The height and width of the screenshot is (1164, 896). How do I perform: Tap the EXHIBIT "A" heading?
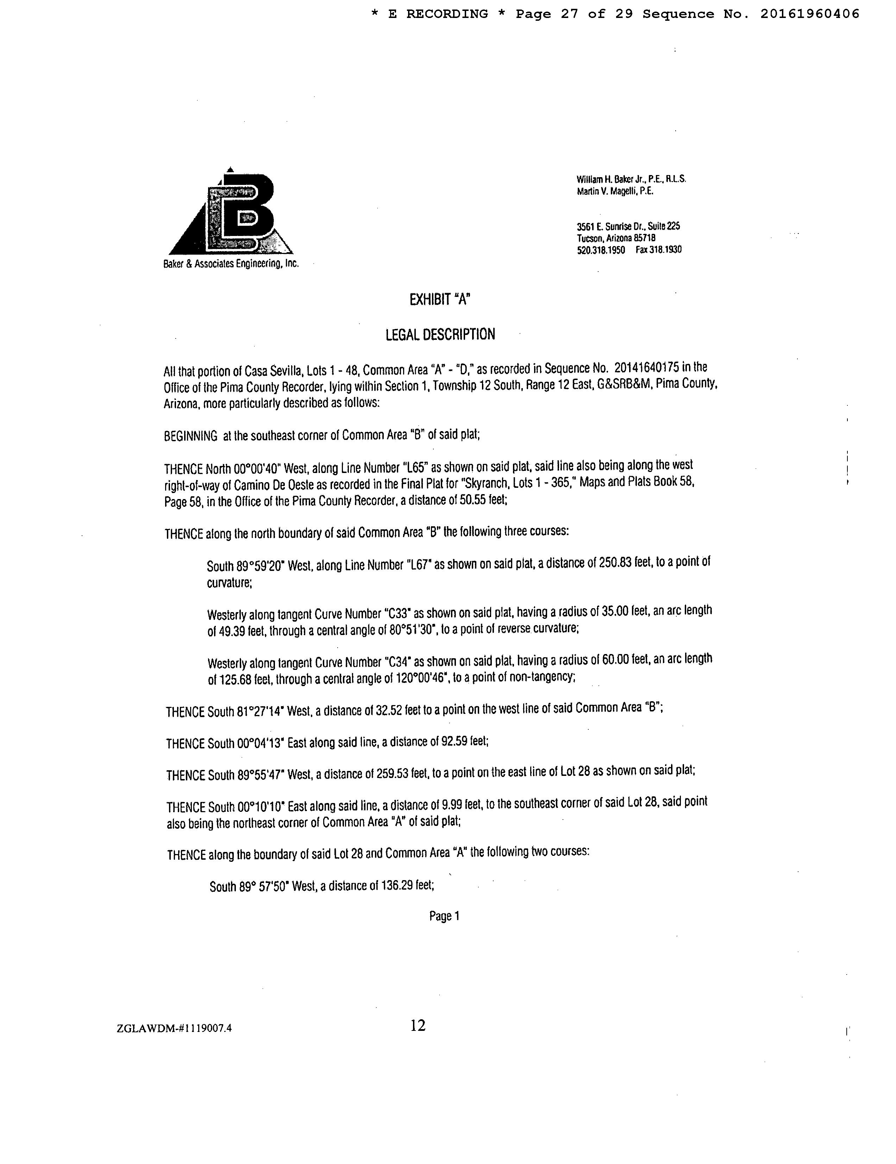pyautogui.click(x=439, y=300)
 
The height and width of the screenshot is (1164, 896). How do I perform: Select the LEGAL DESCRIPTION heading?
pyautogui.click(x=440, y=335)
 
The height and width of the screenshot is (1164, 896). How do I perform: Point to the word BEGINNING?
pyautogui.click(x=190, y=436)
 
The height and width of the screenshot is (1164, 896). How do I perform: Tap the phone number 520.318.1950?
pyautogui.click(x=601, y=250)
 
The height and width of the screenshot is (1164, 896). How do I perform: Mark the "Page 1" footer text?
pyautogui.click(x=444, y=916)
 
